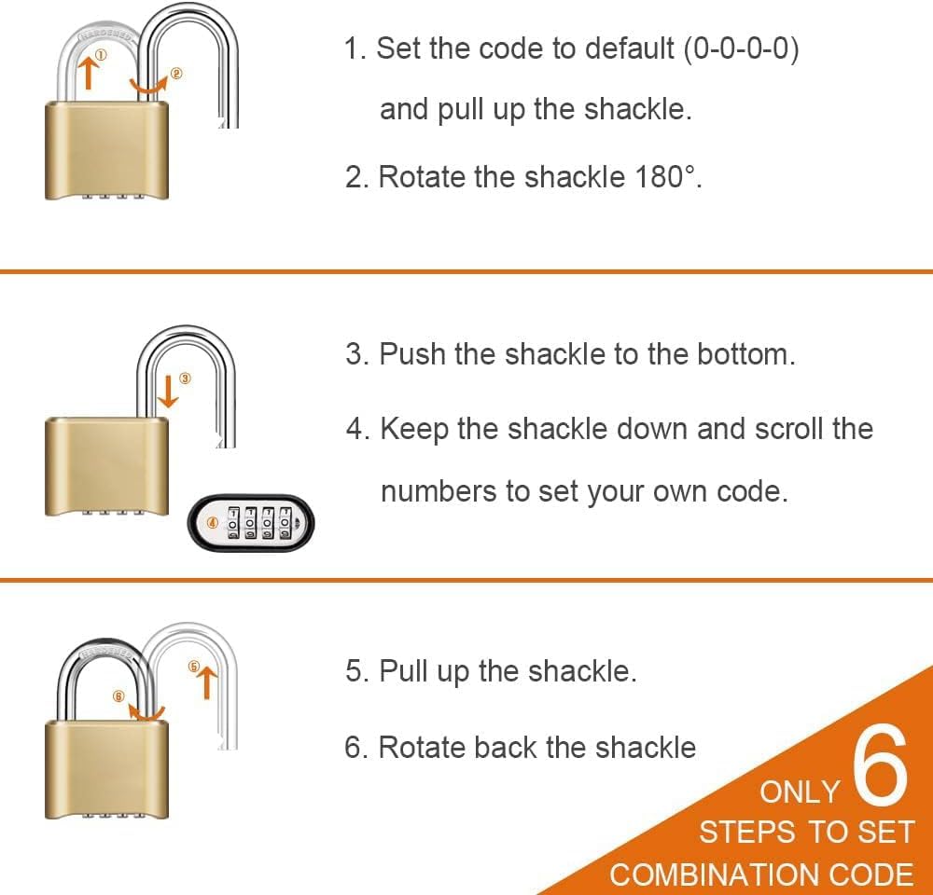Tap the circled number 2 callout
point(176,74)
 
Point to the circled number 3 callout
point(185,379)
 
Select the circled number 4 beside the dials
point(213,523)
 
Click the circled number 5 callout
point(194,666)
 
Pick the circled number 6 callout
point(118,695)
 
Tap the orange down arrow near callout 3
point(169,392)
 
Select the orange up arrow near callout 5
point(208,682)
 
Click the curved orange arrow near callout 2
point(148,87)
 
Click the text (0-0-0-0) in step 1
point(741,48)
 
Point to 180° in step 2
point(664,176)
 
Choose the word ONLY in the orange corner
point(800,792)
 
